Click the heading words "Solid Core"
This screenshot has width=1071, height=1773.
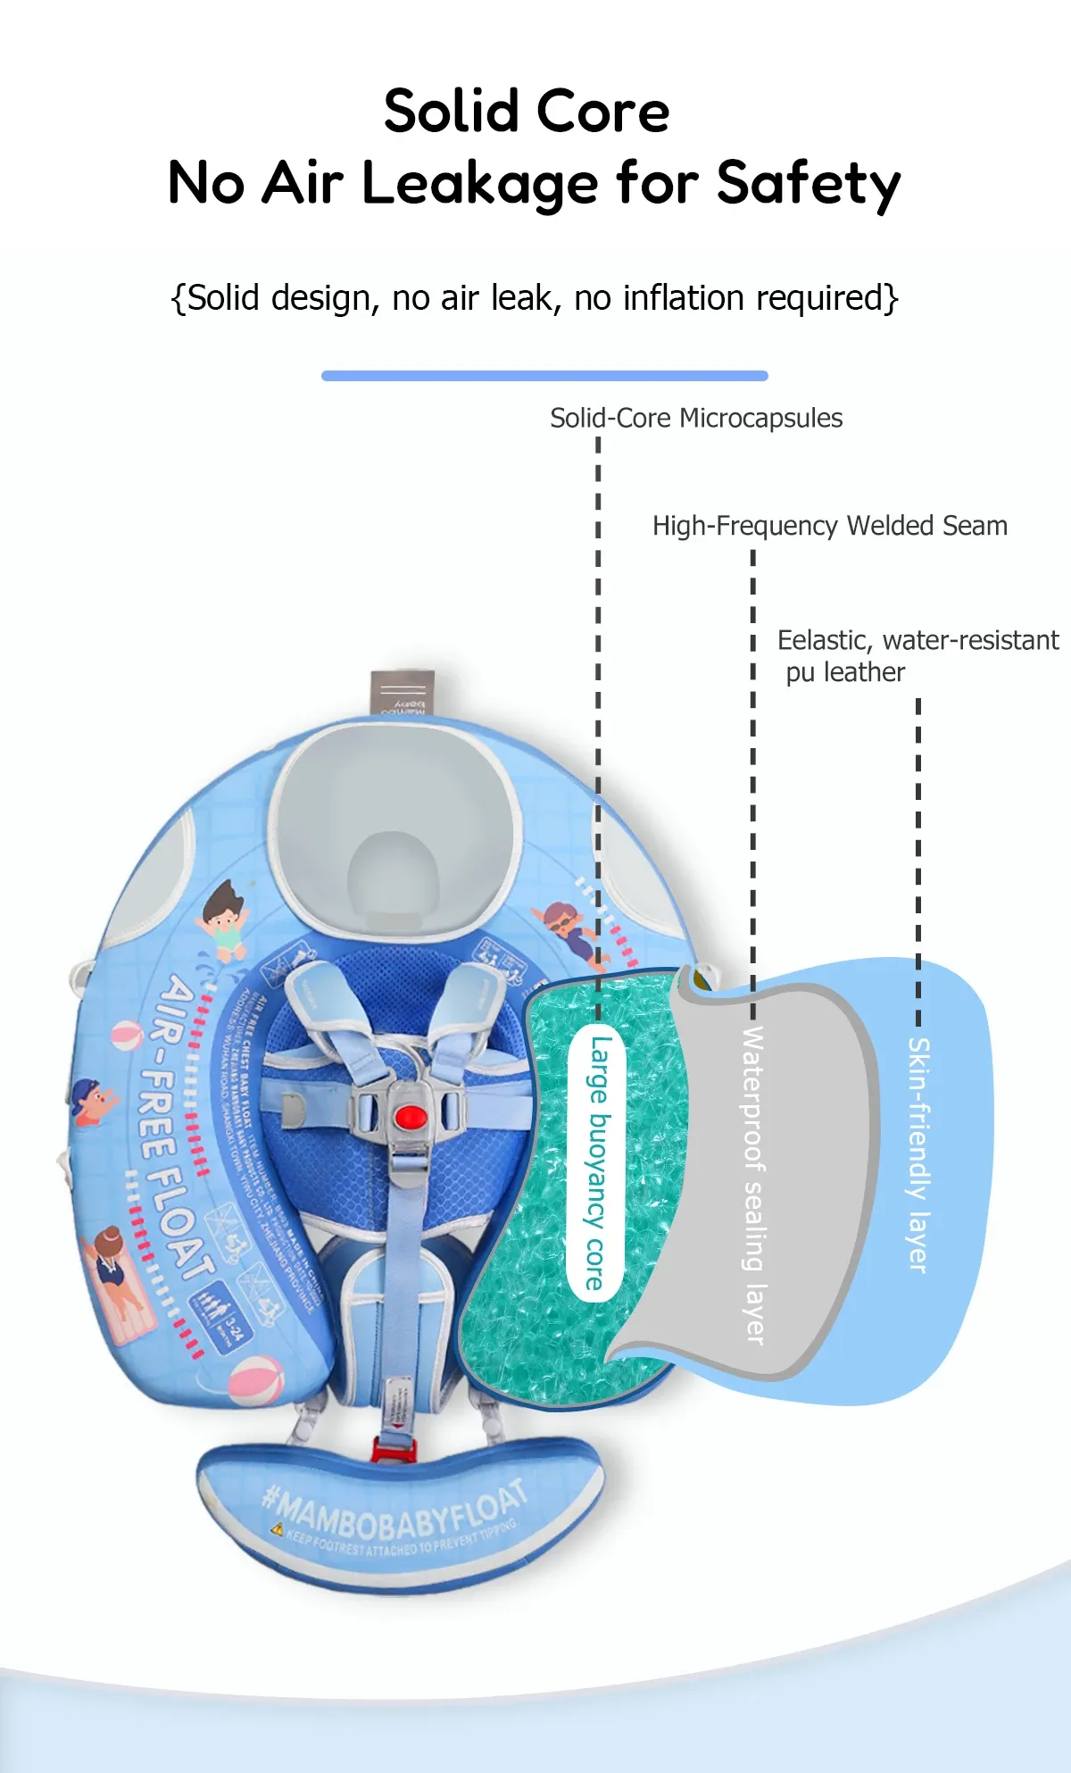click(x=527, y=112)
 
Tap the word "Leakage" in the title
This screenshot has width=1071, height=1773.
click(x=481, y=184)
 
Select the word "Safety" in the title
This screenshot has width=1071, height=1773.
click(x=809, y=184)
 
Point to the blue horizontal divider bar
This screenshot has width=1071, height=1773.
click(x=544, y=376)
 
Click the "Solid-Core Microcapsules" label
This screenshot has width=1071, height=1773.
click(x=696, y=418)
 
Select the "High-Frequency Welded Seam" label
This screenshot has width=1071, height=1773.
click(x=829, y=526)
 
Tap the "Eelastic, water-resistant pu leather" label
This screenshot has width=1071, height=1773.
click(x=917, y=655)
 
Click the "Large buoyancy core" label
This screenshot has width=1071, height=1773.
click(x=596, y=1162)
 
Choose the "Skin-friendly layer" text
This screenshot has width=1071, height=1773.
click(x=918, y=1155)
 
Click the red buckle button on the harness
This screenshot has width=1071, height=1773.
click(x=408, y=1116)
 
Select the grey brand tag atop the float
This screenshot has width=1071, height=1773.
click(x=403, y=693)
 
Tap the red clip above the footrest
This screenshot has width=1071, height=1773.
click(x=394, y=1447)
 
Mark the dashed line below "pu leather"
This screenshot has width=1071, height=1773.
click(x=918, y=857)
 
